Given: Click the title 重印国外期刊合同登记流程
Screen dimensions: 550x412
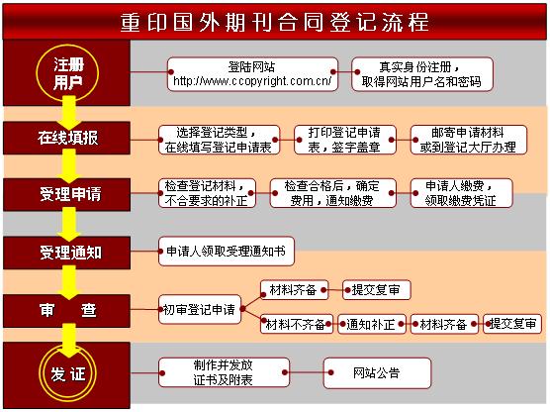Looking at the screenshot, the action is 274,22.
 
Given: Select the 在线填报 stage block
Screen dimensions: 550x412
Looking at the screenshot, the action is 66,138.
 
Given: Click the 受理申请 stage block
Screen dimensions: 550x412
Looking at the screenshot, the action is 66,194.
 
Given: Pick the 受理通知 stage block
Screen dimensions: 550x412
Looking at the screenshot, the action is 66,253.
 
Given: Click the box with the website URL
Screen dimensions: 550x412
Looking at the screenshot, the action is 252,74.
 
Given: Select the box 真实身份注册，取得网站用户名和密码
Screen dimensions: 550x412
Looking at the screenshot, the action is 422,74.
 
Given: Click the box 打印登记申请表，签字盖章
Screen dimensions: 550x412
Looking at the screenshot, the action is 345,140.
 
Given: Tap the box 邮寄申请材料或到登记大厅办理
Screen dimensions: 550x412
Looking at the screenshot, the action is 469,140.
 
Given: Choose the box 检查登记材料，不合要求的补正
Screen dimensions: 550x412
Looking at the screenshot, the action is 207,193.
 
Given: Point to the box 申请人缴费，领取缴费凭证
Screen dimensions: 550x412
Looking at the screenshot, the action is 461,193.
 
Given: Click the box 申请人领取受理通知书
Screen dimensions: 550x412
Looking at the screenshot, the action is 227,252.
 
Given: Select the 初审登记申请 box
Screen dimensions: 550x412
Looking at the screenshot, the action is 200,309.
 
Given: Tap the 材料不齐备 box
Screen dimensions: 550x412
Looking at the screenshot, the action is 297,324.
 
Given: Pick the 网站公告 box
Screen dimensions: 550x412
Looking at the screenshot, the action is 377,373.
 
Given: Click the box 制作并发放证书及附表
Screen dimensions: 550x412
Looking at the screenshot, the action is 224,372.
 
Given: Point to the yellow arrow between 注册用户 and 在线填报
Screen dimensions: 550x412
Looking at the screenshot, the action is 69,112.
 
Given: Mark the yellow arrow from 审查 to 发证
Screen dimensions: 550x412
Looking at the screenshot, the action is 69,340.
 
